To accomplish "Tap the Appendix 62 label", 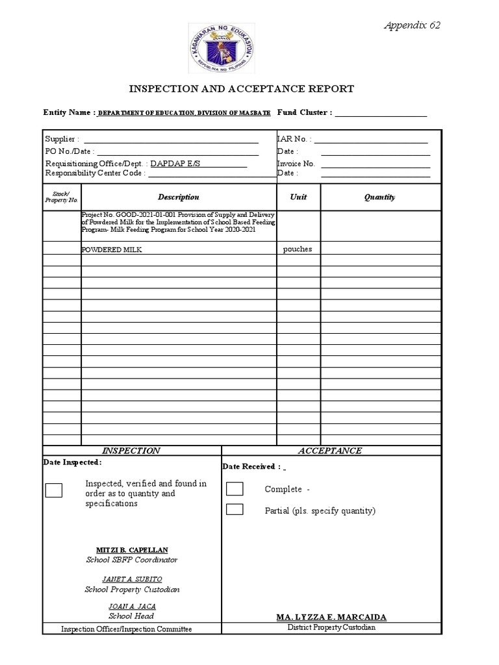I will [x=411, y=25].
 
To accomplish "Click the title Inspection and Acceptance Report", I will [x=243, y=89].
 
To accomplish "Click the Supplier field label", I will [x=62, y=139].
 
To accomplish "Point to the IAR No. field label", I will [x=294, y=139].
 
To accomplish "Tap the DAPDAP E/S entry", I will [x=176, y=164].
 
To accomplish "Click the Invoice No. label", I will [x=296, y=164].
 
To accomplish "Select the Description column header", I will [x=178, y=197].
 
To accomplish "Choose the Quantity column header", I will [x=379, y=197].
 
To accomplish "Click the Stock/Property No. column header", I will [x=62, y=197].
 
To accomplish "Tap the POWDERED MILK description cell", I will [x=111, y=249].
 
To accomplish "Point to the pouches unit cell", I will [x=298, y=249].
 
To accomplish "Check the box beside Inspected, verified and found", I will [x=54, y=490].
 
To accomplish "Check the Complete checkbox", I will [x=235, y=489].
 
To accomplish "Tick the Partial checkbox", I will [x=235, y=509].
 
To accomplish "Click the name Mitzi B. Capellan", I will [x=132, y=549].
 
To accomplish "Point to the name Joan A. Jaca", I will [x=132, y=606].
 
